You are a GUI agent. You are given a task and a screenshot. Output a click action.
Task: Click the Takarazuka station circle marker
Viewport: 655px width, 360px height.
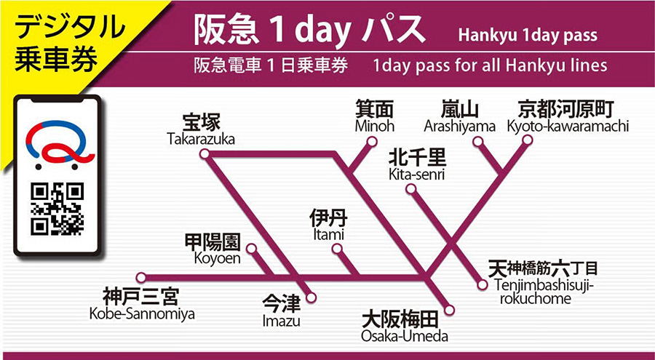[205, 153]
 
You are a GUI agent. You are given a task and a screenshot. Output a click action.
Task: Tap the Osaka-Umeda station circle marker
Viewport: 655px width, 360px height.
[449, 311]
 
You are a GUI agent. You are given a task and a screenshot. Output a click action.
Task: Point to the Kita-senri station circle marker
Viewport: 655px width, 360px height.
[411, 189]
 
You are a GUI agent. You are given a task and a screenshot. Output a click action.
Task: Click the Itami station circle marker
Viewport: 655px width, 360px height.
[336, 249]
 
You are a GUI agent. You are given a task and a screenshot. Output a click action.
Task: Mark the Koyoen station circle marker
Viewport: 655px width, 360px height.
[251, 249]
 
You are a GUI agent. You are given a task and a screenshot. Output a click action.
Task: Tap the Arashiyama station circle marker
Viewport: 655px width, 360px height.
[477, 142]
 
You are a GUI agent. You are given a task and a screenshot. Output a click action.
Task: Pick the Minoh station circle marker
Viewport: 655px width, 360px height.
[377, 142]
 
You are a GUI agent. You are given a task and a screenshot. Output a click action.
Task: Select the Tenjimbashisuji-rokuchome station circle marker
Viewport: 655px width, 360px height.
[481, 284]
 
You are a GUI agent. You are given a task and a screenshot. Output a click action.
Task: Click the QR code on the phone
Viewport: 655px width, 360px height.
[57, 209]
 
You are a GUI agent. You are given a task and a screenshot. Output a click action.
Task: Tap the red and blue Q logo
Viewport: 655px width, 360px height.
[57, 145]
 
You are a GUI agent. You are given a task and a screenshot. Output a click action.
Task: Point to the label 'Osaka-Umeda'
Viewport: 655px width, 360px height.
[405, 336]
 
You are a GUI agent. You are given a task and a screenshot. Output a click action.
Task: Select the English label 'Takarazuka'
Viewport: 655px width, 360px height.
[201, 139]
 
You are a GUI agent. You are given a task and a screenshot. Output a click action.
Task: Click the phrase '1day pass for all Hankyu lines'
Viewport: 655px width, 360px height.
[489, 65]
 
